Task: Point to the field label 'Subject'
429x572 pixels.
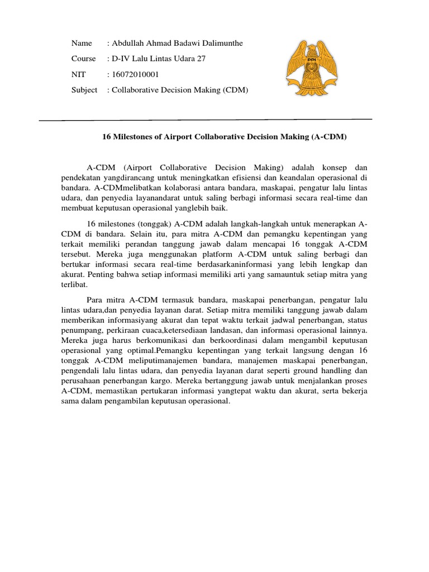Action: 84,90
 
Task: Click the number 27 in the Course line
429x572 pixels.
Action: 201,59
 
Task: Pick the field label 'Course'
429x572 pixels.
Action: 84,59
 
